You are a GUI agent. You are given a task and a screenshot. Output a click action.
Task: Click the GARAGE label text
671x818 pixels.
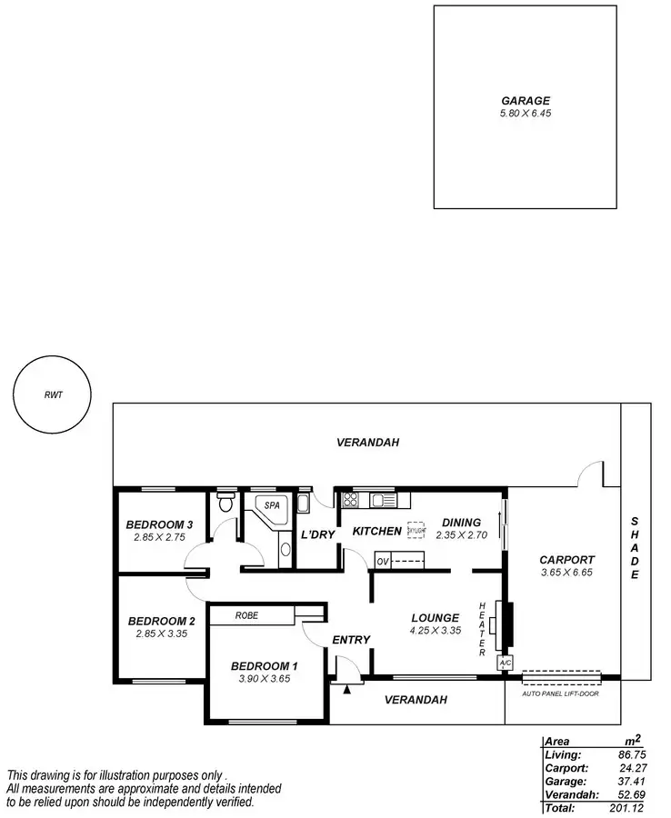point(526,101)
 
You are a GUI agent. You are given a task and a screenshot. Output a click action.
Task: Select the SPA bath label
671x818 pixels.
point(272,504)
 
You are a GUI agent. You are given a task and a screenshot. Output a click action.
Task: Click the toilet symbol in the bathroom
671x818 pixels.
point(225,503)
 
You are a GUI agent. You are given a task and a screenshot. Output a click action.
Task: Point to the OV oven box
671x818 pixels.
point(383,563)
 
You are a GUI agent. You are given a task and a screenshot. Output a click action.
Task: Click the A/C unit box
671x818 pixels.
point(505,664)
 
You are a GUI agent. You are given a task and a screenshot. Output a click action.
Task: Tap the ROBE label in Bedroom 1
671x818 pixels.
point(246,615)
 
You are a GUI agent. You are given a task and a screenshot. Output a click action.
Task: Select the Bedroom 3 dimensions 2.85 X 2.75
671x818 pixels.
point(159,538)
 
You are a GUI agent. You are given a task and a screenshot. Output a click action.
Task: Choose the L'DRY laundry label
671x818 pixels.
point(318,534)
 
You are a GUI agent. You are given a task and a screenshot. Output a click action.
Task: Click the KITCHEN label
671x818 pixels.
point(377,531)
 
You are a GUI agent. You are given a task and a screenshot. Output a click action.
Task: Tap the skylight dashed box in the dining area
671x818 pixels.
point(416,530)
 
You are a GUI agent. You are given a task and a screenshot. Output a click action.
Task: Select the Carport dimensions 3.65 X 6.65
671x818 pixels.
point(566,574)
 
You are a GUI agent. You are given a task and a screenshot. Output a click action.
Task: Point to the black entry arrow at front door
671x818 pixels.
point(346,688)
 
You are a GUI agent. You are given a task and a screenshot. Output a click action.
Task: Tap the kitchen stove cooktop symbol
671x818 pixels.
point(350,499)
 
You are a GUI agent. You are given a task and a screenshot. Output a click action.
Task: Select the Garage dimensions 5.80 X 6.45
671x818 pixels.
point(526,115)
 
